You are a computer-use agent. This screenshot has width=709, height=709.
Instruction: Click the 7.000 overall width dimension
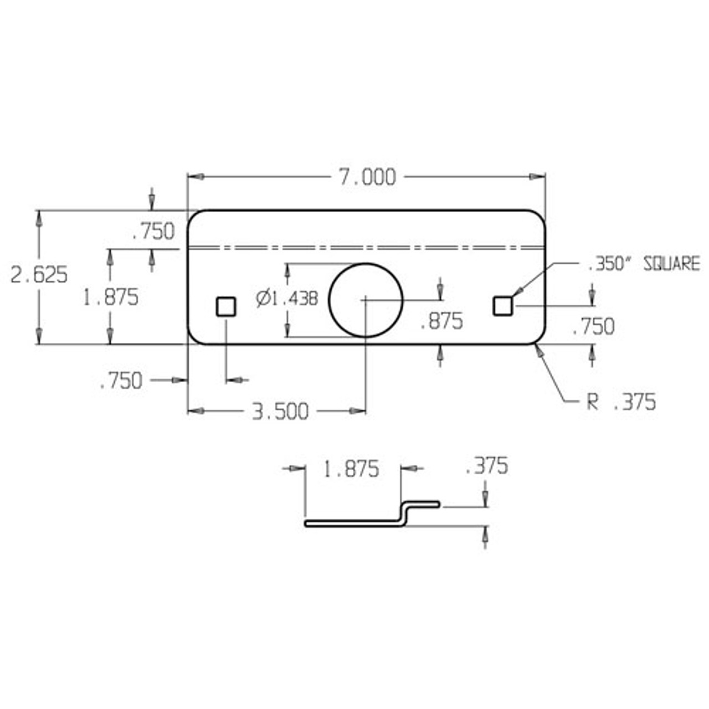coord(367,178)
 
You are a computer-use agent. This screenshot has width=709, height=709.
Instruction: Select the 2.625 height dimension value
coord(39,275)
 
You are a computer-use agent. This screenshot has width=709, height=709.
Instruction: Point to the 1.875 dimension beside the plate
coord(111,298)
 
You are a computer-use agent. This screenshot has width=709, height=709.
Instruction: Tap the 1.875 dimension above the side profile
coord(351,469)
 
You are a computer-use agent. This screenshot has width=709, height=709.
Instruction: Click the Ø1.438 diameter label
coord(287,299)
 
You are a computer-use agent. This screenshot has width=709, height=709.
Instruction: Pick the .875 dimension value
coord(441,321)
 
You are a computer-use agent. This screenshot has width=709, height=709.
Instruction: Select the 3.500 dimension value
coord(280,412)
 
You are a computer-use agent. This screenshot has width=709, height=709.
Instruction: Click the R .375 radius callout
coord(621,402)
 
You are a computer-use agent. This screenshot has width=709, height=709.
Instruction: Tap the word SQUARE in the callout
coord(671,264)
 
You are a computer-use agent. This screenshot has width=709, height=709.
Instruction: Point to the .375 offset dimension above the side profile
coord(486,466)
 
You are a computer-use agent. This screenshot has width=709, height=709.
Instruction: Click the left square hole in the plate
coord(225,306)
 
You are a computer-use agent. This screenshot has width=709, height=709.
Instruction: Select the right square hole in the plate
coord(502,306)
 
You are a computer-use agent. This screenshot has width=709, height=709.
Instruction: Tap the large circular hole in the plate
coord(366,300)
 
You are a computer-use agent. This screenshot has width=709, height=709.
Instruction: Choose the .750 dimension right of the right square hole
coord(593,327)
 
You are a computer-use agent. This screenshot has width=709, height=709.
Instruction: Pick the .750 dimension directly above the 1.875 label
coord(153,232)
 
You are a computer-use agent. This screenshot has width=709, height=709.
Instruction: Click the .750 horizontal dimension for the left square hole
coord(121,381)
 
